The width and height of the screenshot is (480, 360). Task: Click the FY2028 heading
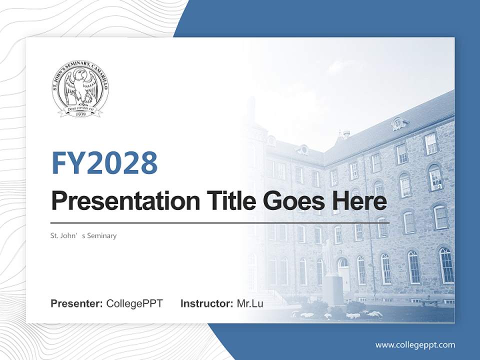[104, 163]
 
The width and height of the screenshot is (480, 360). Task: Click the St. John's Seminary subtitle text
[83, 235]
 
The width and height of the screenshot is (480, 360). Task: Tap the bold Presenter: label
[77, 303]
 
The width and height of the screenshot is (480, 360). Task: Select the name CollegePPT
[134, 303]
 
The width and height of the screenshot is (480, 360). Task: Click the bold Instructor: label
[206, 303]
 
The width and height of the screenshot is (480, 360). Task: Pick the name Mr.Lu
[250, 303]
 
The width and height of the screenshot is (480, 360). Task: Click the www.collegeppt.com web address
[415, 345]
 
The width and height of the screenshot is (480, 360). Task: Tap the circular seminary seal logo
[80, 90]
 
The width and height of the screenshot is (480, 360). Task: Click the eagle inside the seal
[80, 87]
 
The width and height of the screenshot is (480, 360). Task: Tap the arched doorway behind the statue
[344, 272]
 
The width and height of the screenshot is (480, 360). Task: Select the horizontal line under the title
[220, 222]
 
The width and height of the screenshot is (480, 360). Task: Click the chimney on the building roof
[345, 134]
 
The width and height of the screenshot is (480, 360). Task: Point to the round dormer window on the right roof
[398, 123]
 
